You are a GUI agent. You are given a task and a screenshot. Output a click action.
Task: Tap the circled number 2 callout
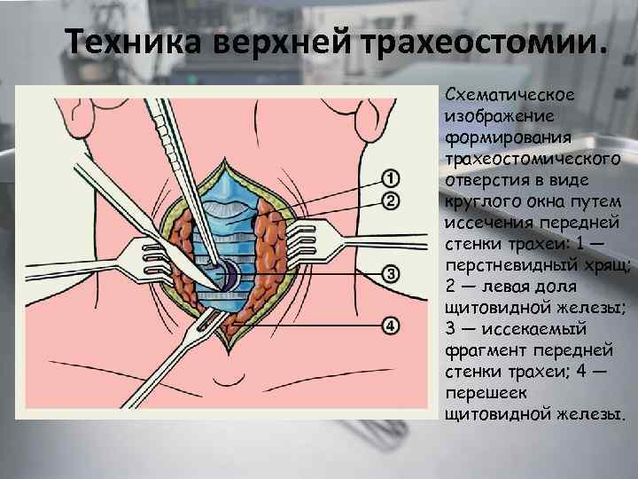click(391, 200)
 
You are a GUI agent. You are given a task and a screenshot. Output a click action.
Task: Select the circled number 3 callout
click(391, 271)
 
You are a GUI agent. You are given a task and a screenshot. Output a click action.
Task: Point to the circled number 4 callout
click(391, 326)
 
